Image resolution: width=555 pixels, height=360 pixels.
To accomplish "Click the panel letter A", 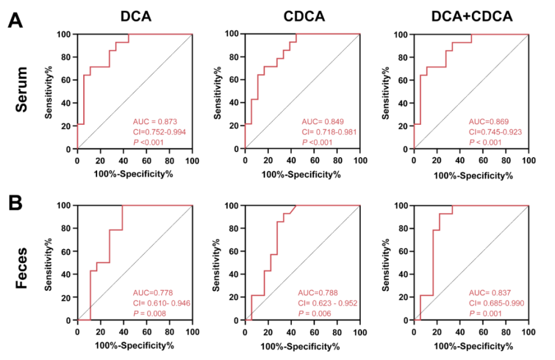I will (x=16, y=21).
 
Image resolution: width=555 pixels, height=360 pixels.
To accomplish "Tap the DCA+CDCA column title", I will (x=472, y=17).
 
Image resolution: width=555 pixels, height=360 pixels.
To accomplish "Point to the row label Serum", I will (x=22, y=89).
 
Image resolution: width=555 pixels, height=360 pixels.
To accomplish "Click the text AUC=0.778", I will (x=150, y=293).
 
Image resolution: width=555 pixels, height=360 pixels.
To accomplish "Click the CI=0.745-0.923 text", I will (x=495, y=131).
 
